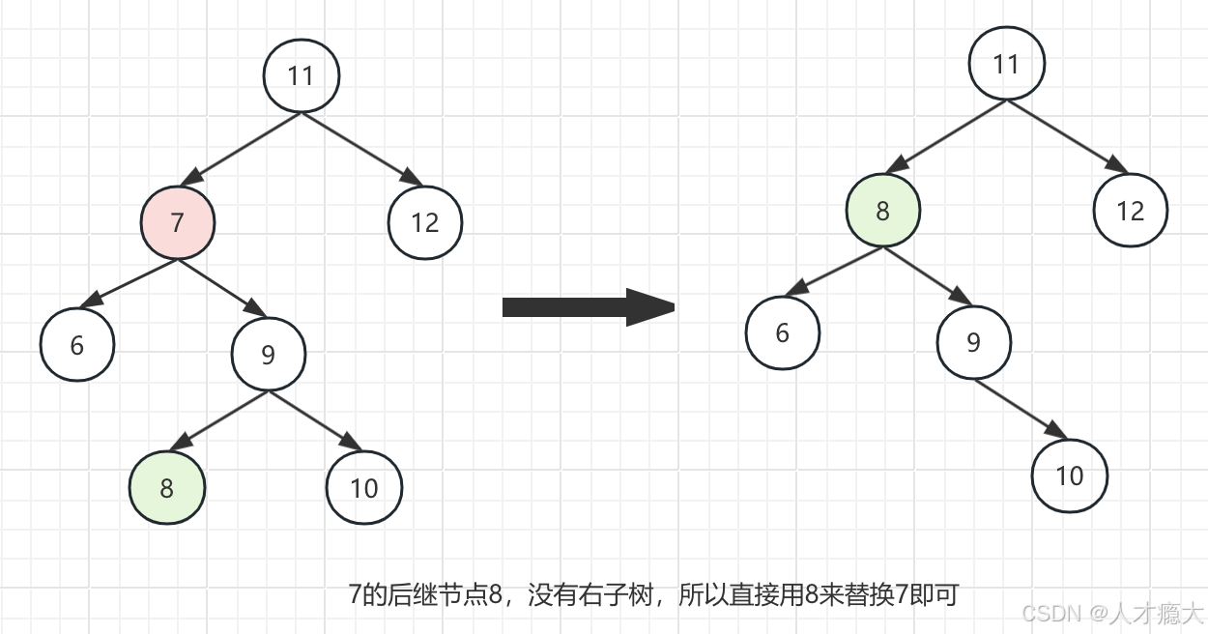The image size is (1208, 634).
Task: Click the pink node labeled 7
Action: (x=177, y=222)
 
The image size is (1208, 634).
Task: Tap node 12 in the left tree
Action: (x=425, y=222)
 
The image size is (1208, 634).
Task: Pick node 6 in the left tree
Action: (x=77, y=344)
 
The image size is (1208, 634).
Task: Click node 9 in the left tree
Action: (x=269, y=355)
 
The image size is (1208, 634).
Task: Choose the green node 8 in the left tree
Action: (x=167, y=487)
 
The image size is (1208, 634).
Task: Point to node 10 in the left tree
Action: (x=363, y=487)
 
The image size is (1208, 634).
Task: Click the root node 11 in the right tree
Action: (x=1007, y=64)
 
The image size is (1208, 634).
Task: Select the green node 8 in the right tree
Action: (x=882, y=211)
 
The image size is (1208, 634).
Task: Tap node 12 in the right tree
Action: (x=1131, y=211)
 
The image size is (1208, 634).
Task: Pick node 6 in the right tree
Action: (x=783, y=332)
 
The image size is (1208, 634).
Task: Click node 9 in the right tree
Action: (x=974, y=342)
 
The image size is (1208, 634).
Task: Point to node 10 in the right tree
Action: (x=1069, y=475)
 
